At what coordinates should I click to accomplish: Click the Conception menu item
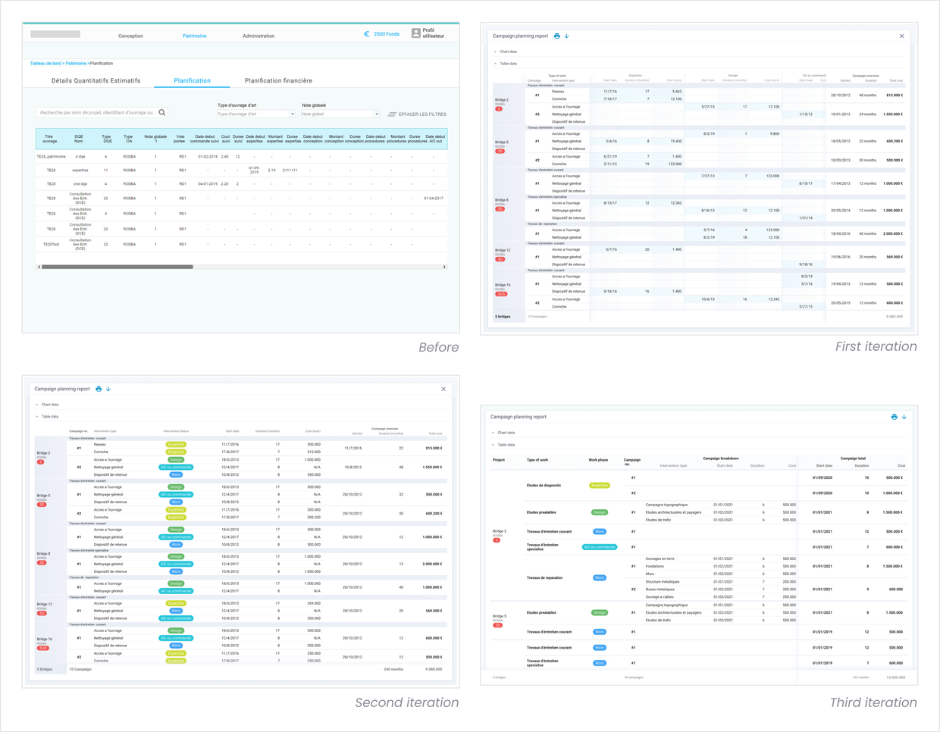(130, 36)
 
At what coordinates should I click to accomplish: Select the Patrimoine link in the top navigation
(194, 36)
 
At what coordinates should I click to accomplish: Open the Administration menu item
(258, 36)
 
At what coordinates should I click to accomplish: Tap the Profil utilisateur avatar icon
(415, 33)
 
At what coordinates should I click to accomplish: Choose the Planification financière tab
(278, 80)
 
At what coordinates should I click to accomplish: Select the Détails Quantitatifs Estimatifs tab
(96, 80)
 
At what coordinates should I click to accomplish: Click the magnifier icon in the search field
(162, 113)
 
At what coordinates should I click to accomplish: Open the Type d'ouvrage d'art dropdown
(255, 114)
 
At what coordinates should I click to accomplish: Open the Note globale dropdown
(340, 114)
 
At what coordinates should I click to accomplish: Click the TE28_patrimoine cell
(51, 157)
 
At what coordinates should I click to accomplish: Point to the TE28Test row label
(51, 245)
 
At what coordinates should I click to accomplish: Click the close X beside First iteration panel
(901, 36)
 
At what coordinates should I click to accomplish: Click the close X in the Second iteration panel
(443, 389)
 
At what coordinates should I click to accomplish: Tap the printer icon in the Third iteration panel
(894, 417)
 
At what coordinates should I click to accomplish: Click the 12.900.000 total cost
(895, 677)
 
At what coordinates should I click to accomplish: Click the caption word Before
(438, 347)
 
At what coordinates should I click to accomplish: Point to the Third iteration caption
(873, 702)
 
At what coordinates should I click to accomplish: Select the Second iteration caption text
(406, 702)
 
